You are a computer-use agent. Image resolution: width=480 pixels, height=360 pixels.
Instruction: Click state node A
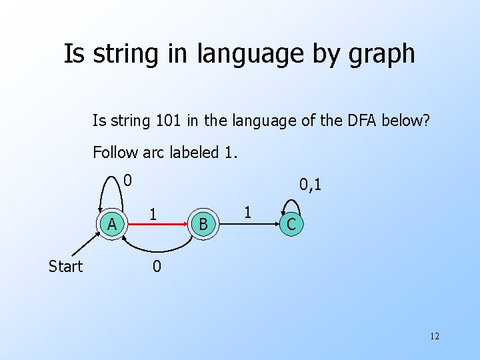(x=113, y=225)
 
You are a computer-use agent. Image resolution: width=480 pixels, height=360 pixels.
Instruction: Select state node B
(x=203, y=225)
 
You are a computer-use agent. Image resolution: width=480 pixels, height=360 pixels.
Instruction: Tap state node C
(x=291, y=225)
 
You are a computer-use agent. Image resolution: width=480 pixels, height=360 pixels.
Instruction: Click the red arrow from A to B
(x=157, y=225)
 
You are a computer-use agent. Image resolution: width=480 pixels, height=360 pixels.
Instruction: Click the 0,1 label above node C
(x=310, y=184)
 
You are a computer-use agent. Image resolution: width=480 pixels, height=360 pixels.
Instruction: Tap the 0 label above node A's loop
(x=128, y=179)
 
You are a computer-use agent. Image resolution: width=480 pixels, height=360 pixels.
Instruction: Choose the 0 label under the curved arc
(x=156, y=267)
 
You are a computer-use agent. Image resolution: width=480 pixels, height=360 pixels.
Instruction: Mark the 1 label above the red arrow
(x=153, y=213)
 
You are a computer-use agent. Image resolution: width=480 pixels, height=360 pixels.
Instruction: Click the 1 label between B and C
(x=248, y=213)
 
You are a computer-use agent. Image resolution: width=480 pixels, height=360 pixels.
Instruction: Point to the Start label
(x=65, y=267)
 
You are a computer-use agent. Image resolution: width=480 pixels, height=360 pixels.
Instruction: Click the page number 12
(x=434, y=336)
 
